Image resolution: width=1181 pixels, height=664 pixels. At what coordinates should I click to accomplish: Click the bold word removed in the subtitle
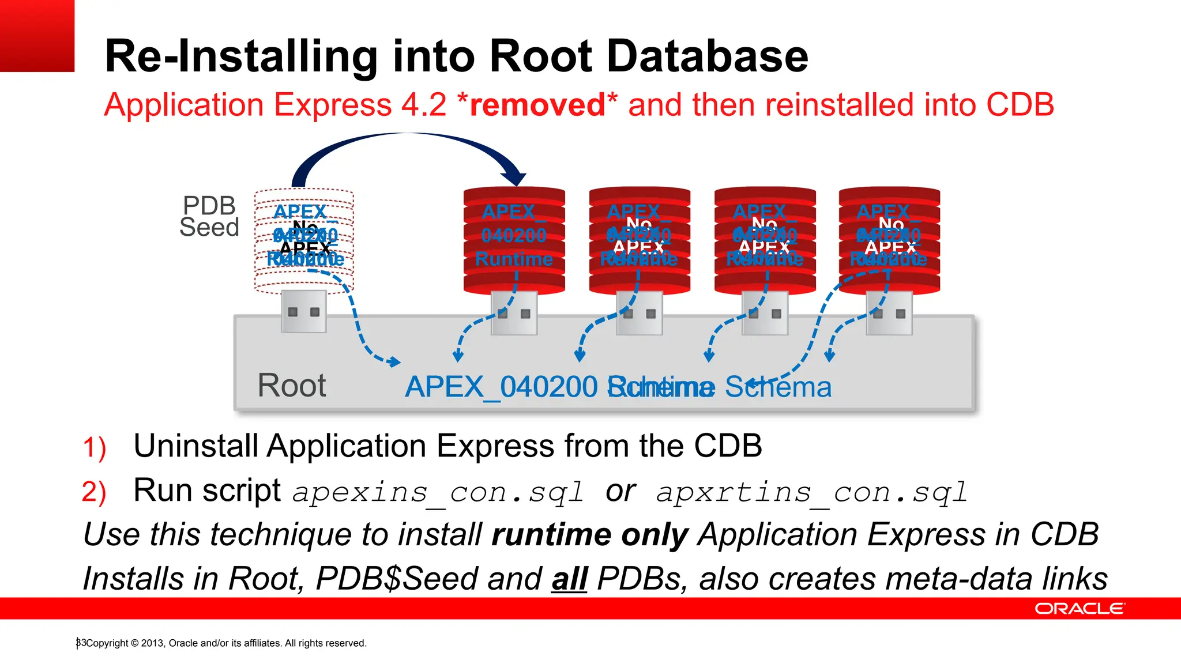(x=537, y=105)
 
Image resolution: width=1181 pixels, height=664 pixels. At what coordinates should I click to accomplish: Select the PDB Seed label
(x=209, y=217)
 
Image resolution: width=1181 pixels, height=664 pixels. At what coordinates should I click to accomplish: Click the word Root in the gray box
(x=292, y=385)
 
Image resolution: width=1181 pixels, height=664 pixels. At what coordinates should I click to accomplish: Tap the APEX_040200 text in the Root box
(x=501, y=387)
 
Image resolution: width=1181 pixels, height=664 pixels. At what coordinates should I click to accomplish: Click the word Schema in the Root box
(x=778, y=387)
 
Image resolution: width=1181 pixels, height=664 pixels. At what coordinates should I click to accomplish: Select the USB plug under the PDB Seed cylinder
(x=304, y=312)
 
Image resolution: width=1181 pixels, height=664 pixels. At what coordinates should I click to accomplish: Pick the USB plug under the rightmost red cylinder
(x=889, y=313)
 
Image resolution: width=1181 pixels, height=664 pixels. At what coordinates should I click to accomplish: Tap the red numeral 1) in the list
(x=94, y=448)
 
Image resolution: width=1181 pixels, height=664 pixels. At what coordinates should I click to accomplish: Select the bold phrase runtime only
(x=590, y=534)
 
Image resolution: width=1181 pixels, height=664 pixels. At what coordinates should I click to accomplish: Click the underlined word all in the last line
(x=569, y=579)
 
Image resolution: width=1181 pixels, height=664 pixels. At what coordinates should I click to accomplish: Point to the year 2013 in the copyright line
(x=152, y=643)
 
